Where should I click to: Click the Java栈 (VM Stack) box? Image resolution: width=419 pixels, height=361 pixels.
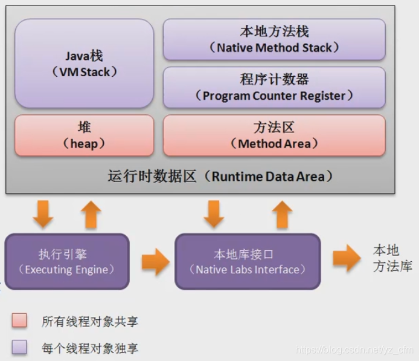[x=84, y=63]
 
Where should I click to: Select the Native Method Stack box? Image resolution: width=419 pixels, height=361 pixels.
[x=274, y=39]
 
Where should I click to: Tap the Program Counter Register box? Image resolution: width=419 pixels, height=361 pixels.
[x=274, y=87]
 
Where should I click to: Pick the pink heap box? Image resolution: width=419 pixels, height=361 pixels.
[x=84, y=135]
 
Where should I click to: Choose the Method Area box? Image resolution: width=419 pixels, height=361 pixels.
[x=274, y=135]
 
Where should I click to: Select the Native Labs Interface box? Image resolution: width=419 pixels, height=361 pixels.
[x=248, y=262]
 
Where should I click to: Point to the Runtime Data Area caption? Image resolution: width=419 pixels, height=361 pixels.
[x=220, y=177]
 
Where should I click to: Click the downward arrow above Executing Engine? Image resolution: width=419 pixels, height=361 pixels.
[x=43, y=215]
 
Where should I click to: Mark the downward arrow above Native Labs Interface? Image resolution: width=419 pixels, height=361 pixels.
[x=214, y=215]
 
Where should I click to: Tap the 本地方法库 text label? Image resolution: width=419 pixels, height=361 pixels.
[x=392, y=258]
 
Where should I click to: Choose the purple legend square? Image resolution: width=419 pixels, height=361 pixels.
[x=19, y=346]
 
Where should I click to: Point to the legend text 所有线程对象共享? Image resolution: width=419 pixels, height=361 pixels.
[x=94, y=322]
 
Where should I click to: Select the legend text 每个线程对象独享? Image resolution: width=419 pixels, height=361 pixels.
[x=94, y=348]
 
